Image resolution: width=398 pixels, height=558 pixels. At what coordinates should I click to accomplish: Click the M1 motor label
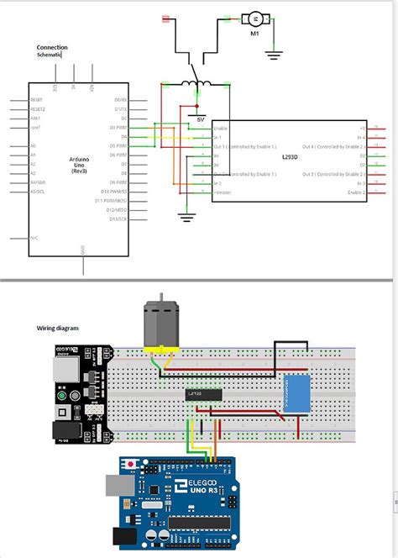point(254,34)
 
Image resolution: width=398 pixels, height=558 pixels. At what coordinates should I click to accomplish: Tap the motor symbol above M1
point(253,18)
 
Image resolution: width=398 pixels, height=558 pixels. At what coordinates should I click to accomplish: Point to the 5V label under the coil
point(200,119)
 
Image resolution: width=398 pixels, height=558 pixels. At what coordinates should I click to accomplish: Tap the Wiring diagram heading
point(57,328)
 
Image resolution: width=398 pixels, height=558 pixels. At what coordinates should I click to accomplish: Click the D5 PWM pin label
point(118,145)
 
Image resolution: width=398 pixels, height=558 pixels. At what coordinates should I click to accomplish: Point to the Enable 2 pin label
point(356,192)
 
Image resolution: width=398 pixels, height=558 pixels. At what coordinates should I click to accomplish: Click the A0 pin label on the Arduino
point(33,146)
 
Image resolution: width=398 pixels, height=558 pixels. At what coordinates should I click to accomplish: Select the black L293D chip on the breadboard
point(204,393)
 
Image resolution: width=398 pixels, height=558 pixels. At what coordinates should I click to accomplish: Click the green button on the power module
point(61,394)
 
